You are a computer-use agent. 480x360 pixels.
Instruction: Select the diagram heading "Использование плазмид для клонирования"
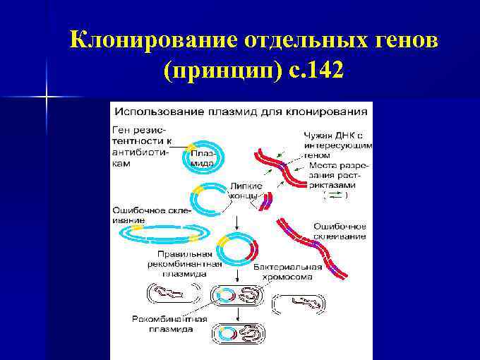(241, 111)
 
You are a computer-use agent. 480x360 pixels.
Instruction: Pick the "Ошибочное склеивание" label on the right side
(340, 231)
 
